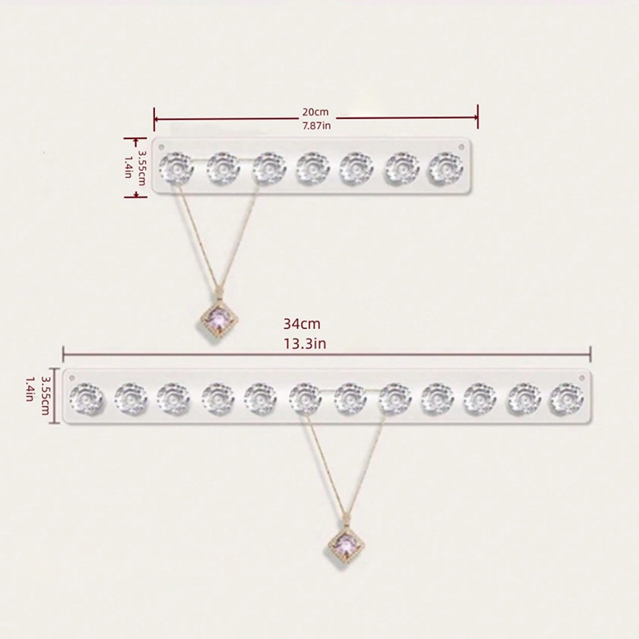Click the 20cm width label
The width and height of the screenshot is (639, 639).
point(315,112)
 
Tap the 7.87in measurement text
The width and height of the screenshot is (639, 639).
point(316,125)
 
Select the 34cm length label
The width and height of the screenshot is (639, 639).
point(302,324)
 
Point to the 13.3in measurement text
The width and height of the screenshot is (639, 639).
point(305,344)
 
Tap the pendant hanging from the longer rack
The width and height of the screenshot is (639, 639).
point(346,545)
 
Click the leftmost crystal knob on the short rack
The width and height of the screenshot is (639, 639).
point(176,169)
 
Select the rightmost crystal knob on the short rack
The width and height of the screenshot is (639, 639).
point(446,169)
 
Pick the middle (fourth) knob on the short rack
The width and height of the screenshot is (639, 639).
point(312,169)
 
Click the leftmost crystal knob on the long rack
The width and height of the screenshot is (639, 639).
point(86,399)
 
